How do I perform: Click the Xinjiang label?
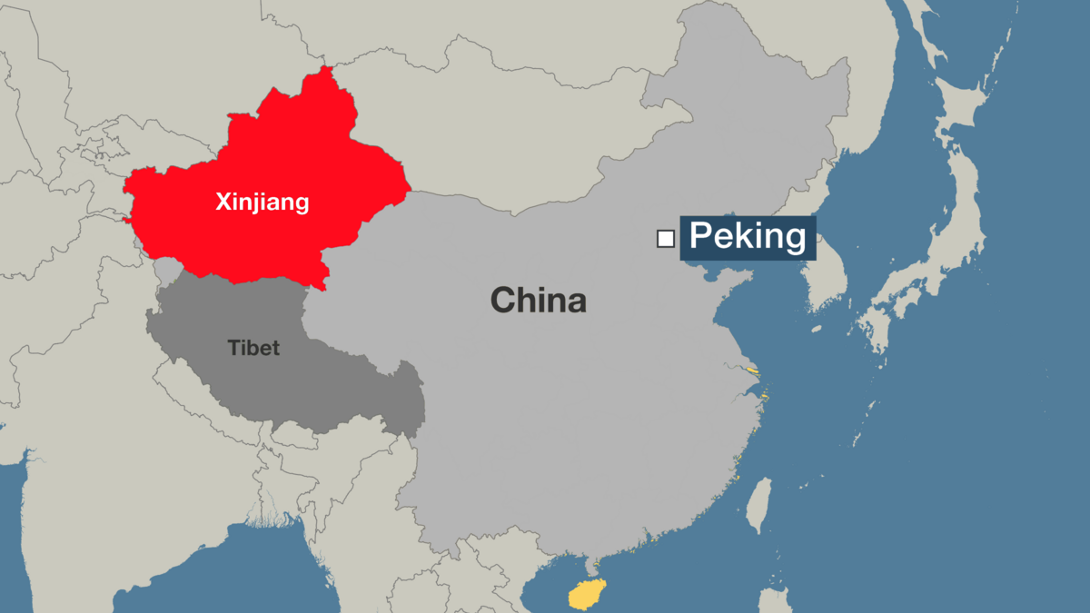point(262,202)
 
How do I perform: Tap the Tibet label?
point(253,348)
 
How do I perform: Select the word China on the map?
point(539,300)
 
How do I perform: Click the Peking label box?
point(748,237)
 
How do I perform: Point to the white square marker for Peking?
point(666,239)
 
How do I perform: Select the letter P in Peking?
point(700,237)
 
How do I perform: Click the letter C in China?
point(503,300)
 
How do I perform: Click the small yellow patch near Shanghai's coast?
point(752,370)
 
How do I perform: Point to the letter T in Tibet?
point(232,348)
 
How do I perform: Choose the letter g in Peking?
point(793,240)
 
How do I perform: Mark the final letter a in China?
point(575,302)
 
